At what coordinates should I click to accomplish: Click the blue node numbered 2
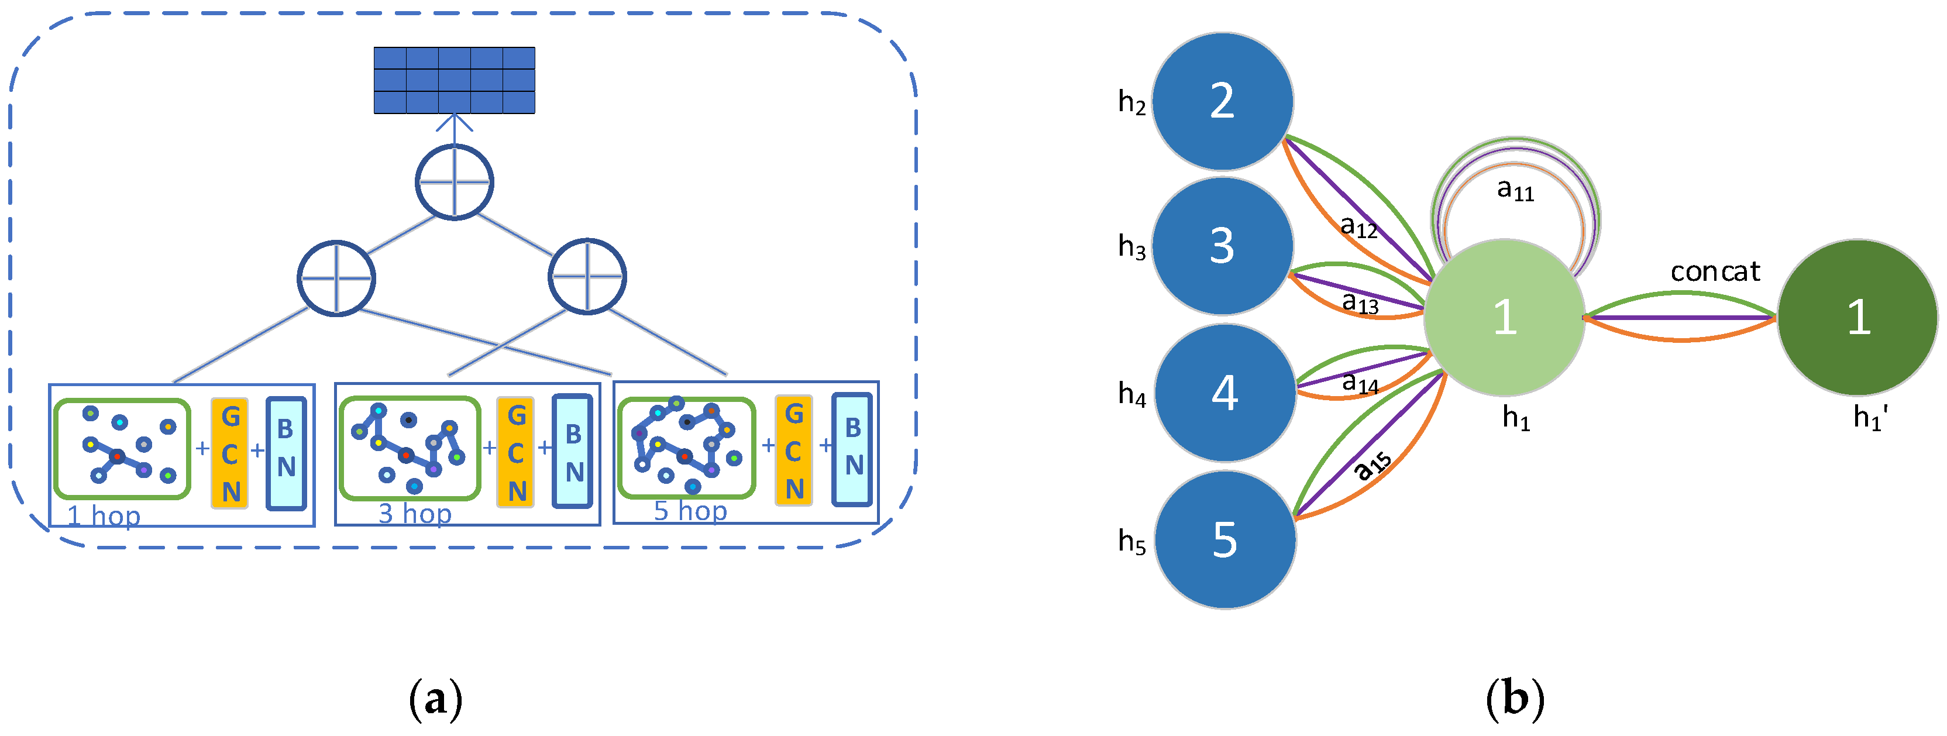tap(1222, 101)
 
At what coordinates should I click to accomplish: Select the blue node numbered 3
tap(1222, 246)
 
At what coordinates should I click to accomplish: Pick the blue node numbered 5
tap(1225, 539)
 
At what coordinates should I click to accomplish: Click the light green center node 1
tap(1504, 317)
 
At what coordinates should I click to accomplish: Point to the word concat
tap(1715, 271)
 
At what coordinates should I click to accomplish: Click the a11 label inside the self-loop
tap(1515, 190)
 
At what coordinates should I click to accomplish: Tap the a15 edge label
tap(1372, 466)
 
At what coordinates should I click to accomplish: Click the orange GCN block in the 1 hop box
tap(231, 453)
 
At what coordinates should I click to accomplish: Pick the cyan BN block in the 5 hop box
tap(852, 449)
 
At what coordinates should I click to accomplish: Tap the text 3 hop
tap(415, 514)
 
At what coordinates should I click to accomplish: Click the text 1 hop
tap(104, 516)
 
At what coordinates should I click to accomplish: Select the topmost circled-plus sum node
tap(454, 182)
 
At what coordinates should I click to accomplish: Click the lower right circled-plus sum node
tap(587, 277)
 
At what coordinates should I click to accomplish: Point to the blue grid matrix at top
tap(454, 80)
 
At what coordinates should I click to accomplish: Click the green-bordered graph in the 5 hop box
tap(686, 448)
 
